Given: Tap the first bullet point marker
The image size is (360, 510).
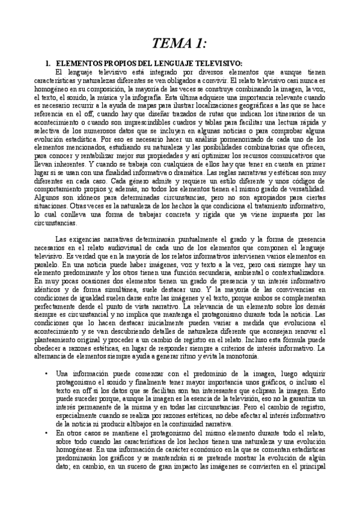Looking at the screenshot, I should coord(46,373).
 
